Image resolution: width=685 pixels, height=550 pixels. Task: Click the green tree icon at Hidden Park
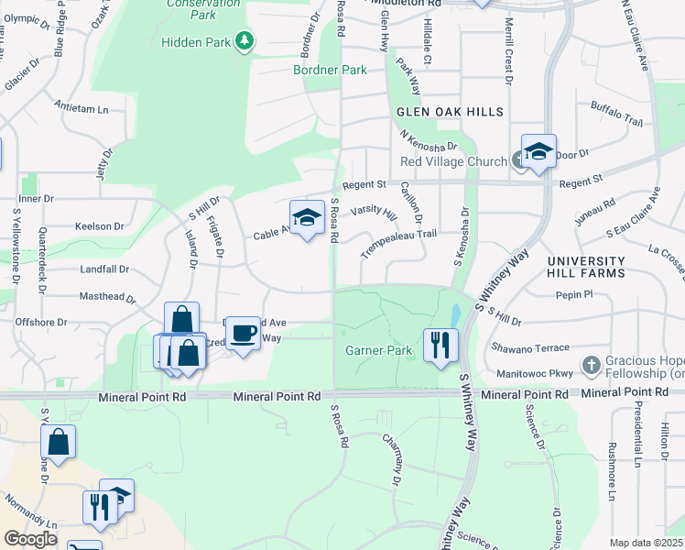pyautogui.click(x=244, y=40)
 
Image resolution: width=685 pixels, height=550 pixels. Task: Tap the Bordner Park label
pyautogui.click(x=330, y=70)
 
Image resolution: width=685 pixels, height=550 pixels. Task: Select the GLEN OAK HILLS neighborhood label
pyautogui.click(x=450, y=112)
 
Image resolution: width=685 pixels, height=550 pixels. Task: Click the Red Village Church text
pyautogui.click(x=453, y=162)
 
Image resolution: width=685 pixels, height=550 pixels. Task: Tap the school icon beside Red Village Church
pyautogui.click(x=538, y=152)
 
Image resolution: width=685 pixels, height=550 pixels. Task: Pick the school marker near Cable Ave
pyautogui.click(x=308, y=218)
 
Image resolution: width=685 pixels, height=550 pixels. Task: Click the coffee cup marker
pyautogui.click(x=243, y=333)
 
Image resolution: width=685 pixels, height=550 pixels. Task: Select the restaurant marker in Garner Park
pyautogui.click(x=440, y=345)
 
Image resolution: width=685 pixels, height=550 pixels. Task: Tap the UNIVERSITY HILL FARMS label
pyautogui.click(x=586, y=267)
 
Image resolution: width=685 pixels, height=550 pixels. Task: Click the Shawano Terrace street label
pyautogui.click(x=532, y=346)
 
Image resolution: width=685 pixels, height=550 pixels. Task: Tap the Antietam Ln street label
pyautogui.click(x=81, y=108)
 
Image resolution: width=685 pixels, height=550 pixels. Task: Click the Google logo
pyautogui.click(x=30, y=538)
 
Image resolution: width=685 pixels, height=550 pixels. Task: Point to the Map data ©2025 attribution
pyautogui.click(x=646, y=543)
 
